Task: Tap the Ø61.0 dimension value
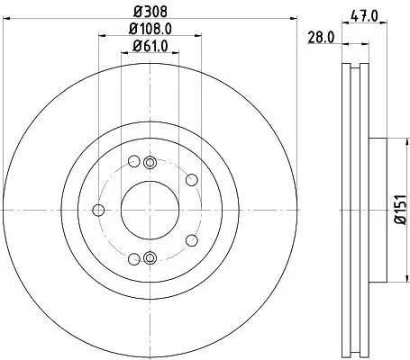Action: pos(150,48)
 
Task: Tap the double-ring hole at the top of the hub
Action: pos(150,161)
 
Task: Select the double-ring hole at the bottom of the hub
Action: pos(150,258)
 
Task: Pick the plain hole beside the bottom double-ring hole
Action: pos(134,258)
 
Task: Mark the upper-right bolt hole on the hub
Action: pos(191,180)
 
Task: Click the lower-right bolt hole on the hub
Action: pos(191,239)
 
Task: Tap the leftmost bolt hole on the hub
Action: pos(98,211)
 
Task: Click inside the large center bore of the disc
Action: pos(150,210)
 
